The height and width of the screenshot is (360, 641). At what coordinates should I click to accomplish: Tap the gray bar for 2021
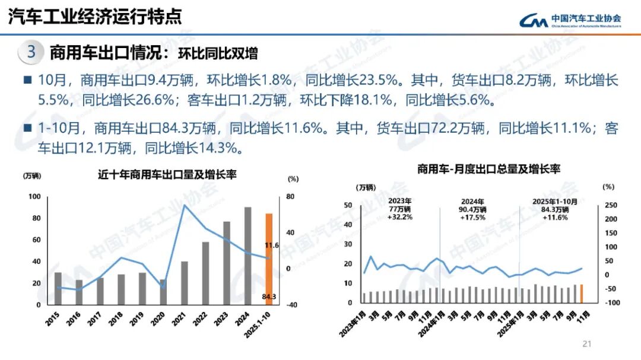pos(184,283)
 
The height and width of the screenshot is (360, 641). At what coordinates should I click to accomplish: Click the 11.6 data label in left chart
pos(271,245)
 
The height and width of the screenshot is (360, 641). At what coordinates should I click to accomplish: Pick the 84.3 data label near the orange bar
pos(269,297)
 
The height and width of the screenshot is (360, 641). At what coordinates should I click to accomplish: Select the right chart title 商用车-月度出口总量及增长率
pos(488,170)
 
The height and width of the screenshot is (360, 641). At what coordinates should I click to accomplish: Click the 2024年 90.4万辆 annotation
pos(473,209)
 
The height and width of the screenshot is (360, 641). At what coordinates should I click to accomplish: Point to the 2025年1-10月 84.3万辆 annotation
pos(554,209)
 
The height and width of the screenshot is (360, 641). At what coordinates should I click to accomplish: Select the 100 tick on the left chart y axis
pos(34,197)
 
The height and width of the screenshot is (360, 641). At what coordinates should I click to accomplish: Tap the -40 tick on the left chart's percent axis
pos(291,305)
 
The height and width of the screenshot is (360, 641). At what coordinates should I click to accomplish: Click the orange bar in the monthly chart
pos(581,294)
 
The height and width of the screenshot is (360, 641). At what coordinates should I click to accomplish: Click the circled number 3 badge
pos(31,52)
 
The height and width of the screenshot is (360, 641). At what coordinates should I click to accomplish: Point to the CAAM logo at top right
pos(570,20)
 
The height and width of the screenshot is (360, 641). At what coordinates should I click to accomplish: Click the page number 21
pos(588,343)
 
